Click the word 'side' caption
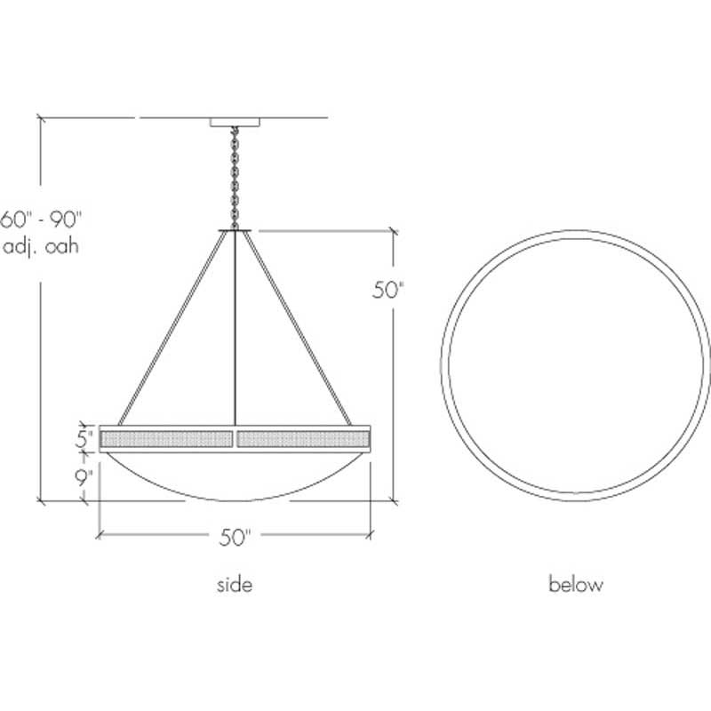point(235,585)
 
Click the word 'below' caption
point(575,585)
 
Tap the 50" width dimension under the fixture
point(236,537)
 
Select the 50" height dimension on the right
point(387,291)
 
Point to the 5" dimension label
point(84,438)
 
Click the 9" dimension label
point(84,476)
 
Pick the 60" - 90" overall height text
point(41,219)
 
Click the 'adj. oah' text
point(41,246)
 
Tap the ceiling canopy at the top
point(236,123)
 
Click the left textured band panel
point(167,438)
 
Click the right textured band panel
point(303,438)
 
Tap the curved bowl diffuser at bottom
point(236,475)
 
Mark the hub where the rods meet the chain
point(236,231)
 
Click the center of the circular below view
point(575,367)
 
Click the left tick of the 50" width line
point(99,535)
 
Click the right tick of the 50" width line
point(371,535)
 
